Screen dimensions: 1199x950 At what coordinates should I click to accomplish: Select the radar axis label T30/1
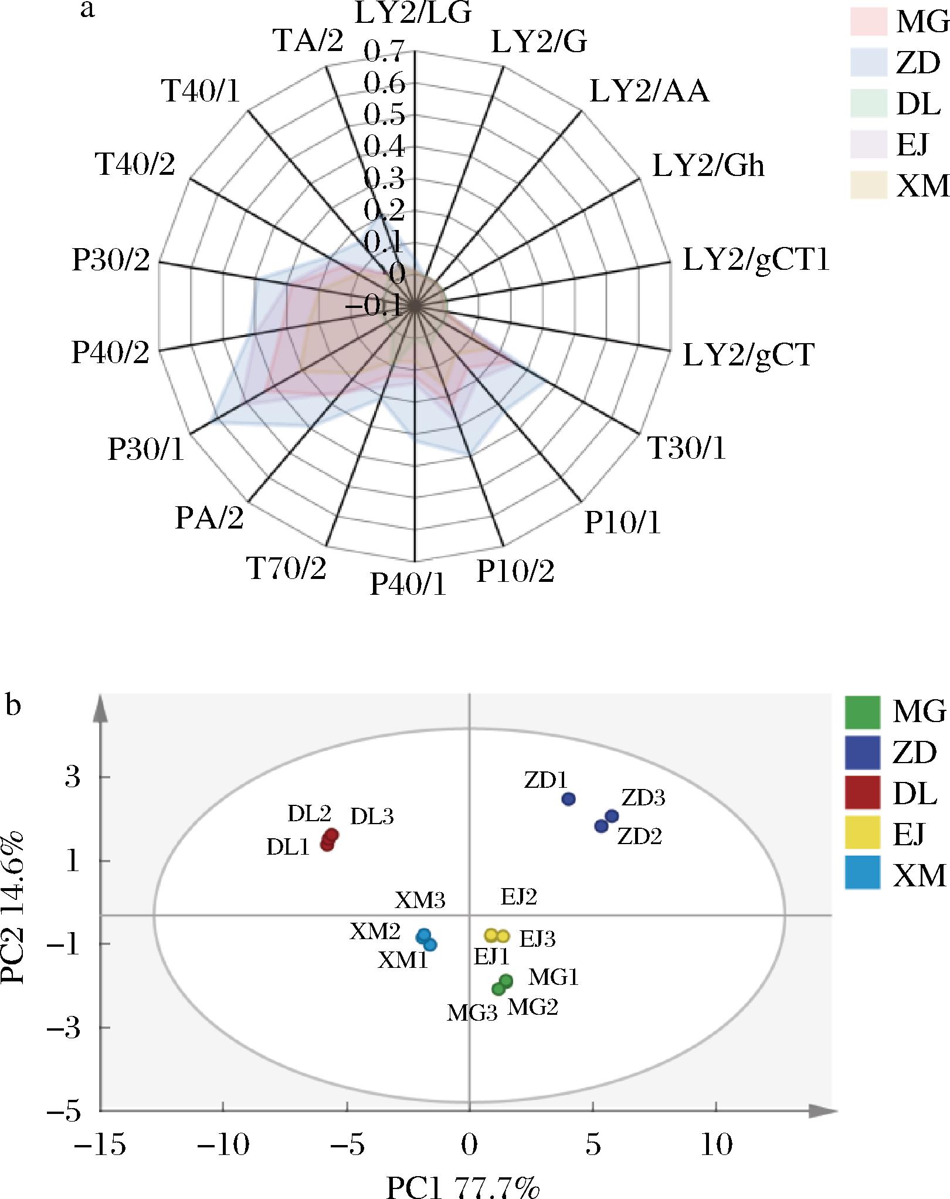pyautogui.click(x=686, y=449)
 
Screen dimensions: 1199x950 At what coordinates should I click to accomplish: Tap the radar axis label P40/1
pyautogui.click(x=408, y=584)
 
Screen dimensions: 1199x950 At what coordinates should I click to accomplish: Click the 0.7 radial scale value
pyautogui.click(x=384, y=52)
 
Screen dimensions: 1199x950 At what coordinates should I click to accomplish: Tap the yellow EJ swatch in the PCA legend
pyautogui.click(x=862, y=832)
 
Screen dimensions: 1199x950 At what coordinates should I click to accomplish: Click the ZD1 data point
pyautogui.click(x=568, y=798)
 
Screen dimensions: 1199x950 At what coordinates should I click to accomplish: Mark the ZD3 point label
pyautogui.click(x=643, y=798)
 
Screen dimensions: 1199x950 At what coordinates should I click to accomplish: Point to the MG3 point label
pyautogui.click(x=472, y=1014)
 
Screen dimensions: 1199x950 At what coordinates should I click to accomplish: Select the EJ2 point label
pyautogui.click(x=518, y=897)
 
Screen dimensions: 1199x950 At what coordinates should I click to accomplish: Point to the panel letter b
pyautogui.click(x=13, y=706)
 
